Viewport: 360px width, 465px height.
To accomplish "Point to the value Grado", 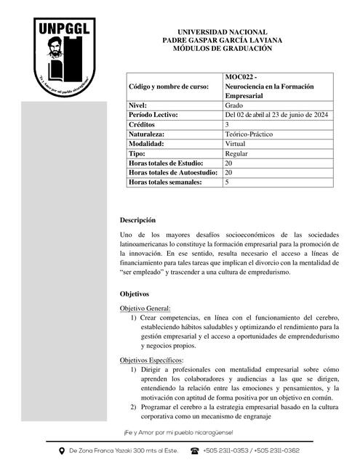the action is [234, 105].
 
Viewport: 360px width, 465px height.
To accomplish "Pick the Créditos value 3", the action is [228, 125].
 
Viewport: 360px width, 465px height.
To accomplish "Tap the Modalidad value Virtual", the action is [236, 144].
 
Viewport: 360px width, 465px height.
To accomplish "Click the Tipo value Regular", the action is [236, 154].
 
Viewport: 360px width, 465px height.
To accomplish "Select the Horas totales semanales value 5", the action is [228, 182].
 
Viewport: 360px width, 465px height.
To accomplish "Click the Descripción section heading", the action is [138, 220].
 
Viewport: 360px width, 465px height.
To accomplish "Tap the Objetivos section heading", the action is [135, 294].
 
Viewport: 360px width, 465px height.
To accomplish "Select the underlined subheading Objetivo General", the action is [145, 309].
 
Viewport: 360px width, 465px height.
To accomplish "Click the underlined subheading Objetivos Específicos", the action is [152, 360].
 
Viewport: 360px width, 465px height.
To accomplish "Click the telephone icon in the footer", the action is [194, 450].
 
